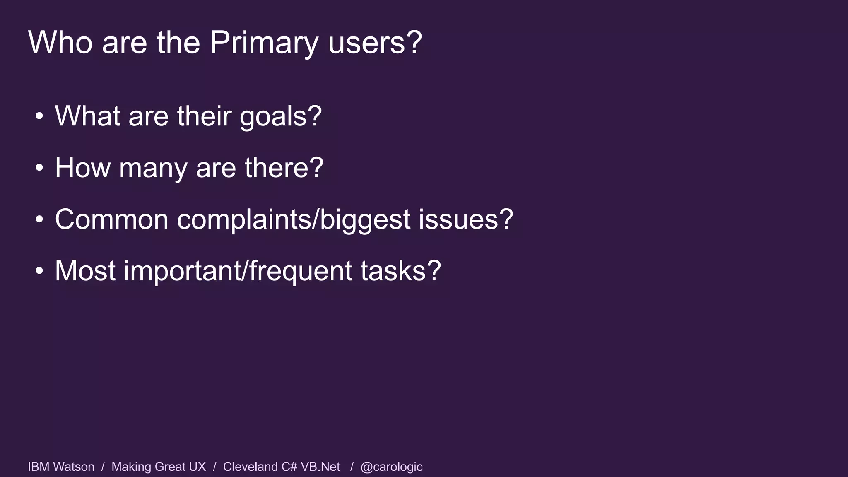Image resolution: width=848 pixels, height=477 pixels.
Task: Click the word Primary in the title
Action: tap(264, 43)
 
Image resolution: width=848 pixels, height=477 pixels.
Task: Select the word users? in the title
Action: tap(375, 43)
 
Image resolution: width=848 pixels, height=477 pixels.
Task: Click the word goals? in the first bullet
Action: tap(280, 117)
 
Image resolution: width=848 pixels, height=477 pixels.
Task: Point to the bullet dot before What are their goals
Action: tap(39, 117)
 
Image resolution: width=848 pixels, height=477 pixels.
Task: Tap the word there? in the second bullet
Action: tap(284, 168)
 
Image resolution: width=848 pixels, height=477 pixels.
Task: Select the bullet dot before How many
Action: tap(39, 169)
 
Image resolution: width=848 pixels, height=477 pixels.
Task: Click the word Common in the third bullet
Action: tap(111, 219)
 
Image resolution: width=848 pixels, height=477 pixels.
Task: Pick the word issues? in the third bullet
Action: tap(465, 219)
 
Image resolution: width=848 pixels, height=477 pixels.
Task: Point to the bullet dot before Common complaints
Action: tap(39, 220)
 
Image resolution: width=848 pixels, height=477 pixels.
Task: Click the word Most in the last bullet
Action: tap(85, 271)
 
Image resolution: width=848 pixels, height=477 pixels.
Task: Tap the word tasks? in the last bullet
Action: tap(400, 271)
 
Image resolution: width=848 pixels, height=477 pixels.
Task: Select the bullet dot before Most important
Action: tap(39, 272)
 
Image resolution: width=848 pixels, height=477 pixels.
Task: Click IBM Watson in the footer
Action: tap(61, 467)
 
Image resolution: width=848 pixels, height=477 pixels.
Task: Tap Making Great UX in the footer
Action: tap(159, 467)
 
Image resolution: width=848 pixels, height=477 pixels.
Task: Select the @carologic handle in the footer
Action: tap(391, 467)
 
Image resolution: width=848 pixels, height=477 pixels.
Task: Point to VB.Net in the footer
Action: tap(320, 467)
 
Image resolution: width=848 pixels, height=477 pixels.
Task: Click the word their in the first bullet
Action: tap(204, 116)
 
